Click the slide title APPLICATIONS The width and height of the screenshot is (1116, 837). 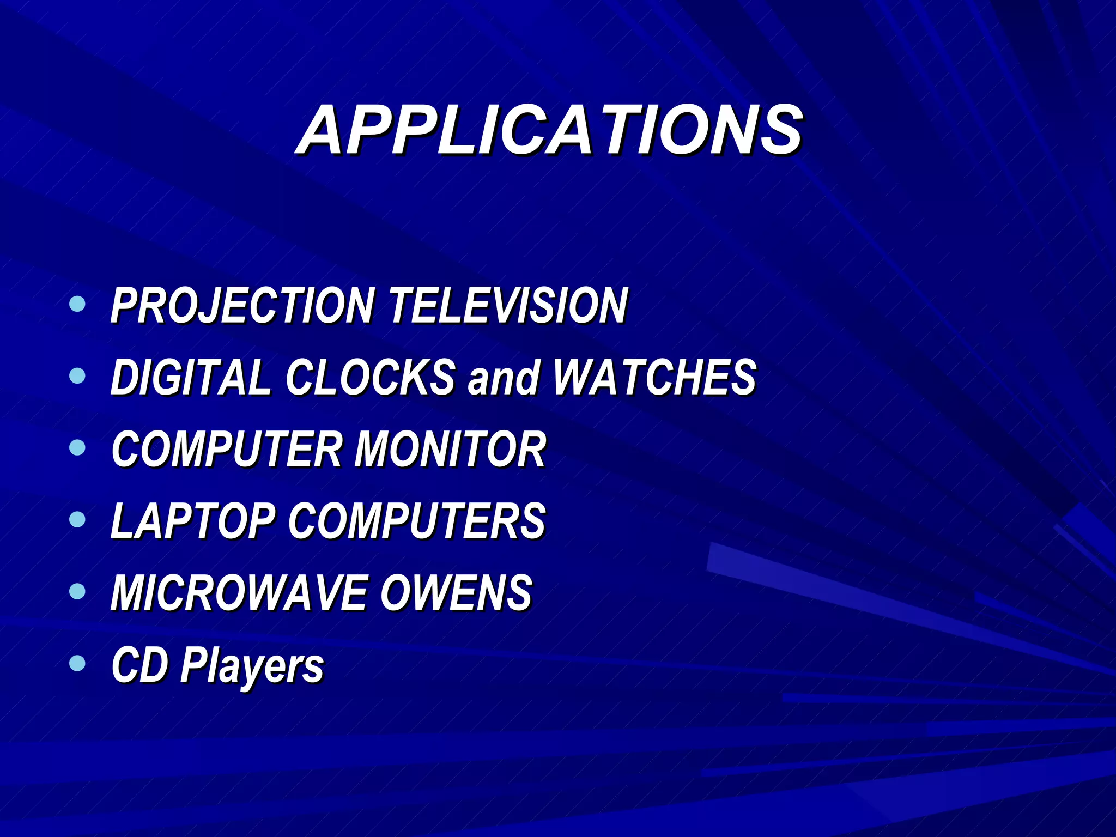click(549, 131)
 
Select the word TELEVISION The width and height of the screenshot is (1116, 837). click(508, 306)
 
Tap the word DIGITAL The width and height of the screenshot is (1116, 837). click(191, 377)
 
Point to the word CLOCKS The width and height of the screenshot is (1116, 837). click(371, 377)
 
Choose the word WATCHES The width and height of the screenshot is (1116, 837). click(654, 377)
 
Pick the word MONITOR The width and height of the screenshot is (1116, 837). click(450, 449)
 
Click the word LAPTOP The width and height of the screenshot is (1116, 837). click(193, 521)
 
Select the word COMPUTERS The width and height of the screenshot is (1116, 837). click(417, 521)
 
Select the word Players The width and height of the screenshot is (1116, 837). click(252, 666)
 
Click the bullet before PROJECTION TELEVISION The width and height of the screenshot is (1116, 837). click(78, 304)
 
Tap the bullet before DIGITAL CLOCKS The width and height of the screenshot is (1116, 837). click(78, 375)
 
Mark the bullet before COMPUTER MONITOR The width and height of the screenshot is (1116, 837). click(78, 447)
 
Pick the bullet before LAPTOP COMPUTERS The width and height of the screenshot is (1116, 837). click(78, 519)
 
